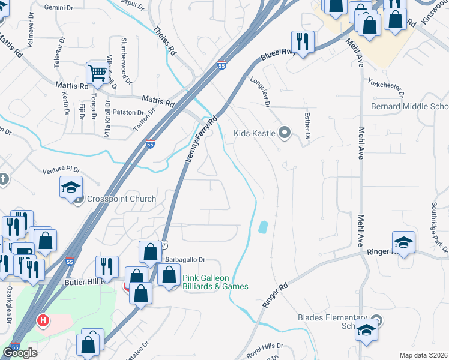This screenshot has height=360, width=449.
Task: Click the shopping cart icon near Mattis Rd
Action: [x=96, y=73]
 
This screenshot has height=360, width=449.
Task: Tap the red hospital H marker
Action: [x=42, y=321]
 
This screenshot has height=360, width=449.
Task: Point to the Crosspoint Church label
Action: [x=122, y=199]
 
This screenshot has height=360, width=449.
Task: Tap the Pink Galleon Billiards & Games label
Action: [x=215, y=282]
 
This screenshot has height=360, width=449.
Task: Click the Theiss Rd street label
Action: [x=163, y=40]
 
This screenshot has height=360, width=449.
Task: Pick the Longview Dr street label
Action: [x=259, y=93]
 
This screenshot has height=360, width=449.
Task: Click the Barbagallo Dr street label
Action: [x=185, y=260]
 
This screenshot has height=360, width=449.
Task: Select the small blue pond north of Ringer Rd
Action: [x=262, y=227]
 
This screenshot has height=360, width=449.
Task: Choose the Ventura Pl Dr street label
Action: [x=61, y=171]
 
